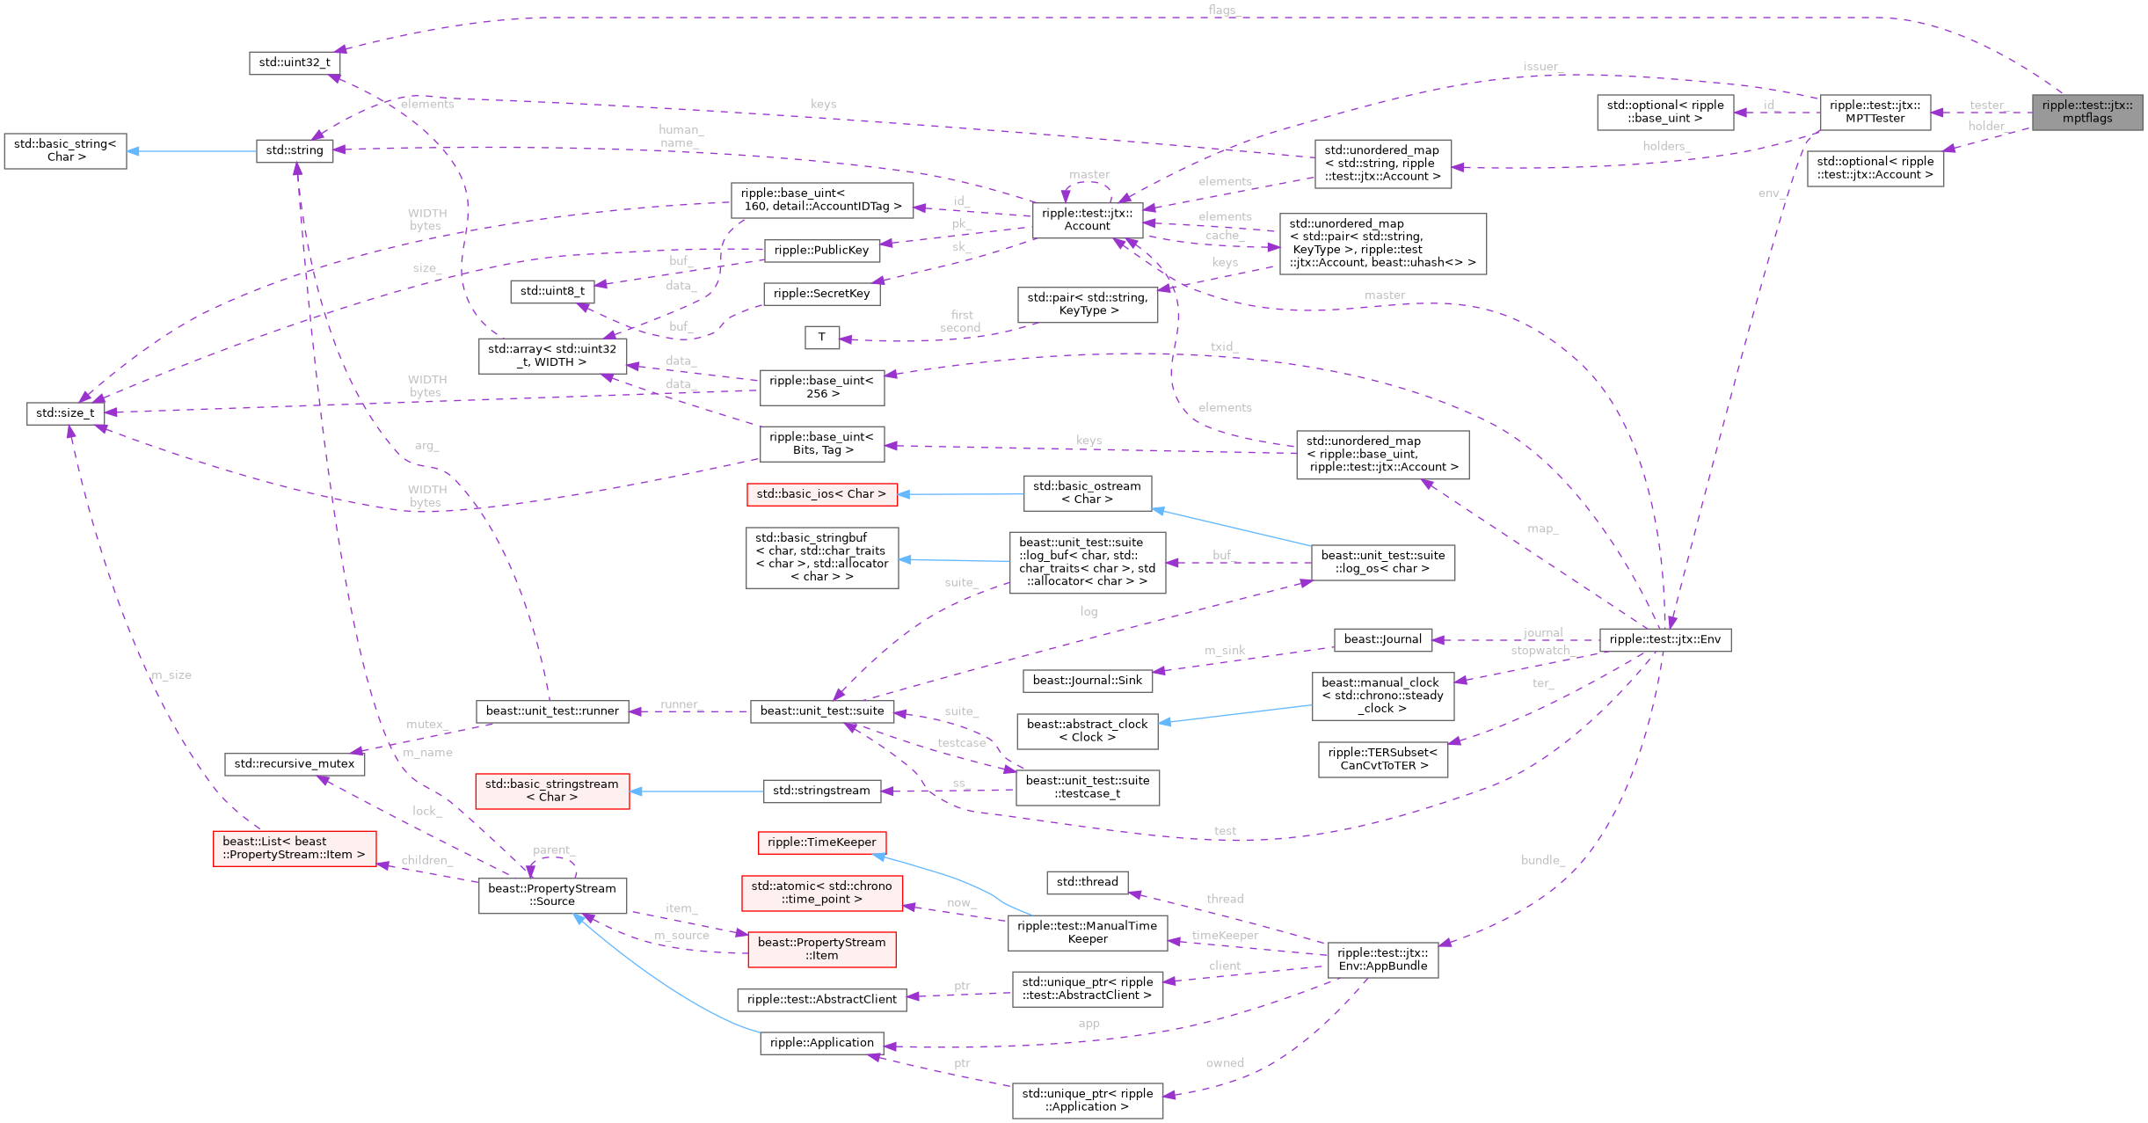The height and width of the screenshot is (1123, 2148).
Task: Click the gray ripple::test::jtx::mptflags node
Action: coord(2086,112)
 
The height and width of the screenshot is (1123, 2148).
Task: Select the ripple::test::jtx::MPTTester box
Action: coord(1875,112)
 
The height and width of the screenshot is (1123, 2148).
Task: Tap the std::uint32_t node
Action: coord(295,62)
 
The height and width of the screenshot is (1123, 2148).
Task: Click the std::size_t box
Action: coord(65,412)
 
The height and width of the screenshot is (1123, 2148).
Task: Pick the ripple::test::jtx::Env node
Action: coord(1664,639)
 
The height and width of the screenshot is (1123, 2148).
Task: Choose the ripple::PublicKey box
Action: coord(821,250)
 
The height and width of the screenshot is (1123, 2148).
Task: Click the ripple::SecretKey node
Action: coord(821,294)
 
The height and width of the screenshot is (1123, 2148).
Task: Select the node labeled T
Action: coord(821,337)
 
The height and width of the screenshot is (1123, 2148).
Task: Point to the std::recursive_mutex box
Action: coord(294,763)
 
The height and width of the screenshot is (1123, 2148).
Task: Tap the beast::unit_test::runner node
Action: coord(552,711)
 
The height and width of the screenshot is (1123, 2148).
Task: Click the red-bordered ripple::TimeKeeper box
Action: coord(821,842)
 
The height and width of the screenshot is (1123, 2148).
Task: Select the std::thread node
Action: coord(1087,882)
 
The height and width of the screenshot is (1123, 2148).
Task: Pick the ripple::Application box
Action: coord(821,1043)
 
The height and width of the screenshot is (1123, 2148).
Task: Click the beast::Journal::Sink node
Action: coord(1087,680)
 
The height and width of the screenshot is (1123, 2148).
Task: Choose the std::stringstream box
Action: coord(821,791)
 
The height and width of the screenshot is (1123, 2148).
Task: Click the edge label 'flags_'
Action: coord(1221,10)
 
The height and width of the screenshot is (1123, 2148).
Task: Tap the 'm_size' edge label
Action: coord(171,675)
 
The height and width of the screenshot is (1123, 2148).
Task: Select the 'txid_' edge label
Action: coord(1224,346)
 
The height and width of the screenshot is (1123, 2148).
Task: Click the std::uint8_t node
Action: coord(552,291)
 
